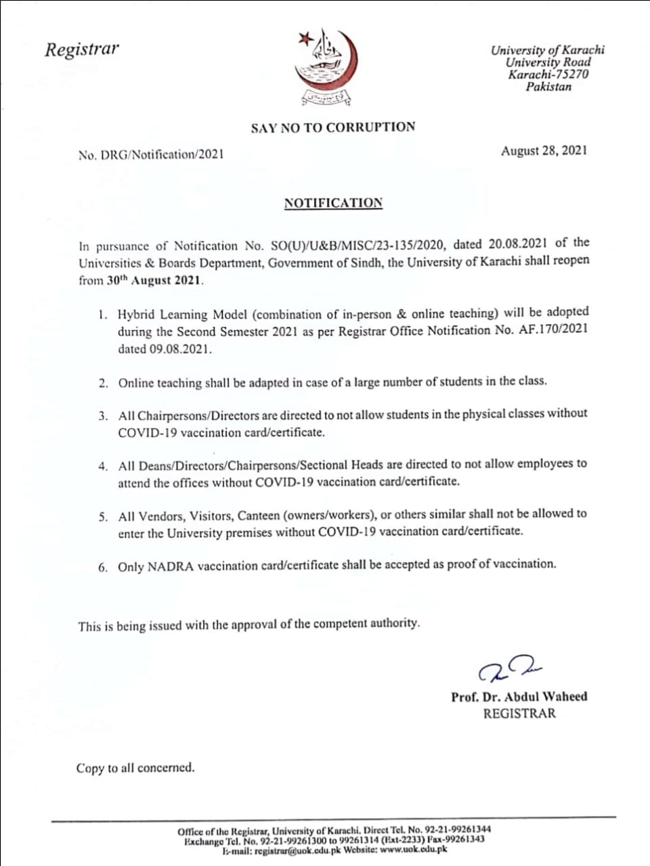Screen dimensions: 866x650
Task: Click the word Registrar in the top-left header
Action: pos(81,49)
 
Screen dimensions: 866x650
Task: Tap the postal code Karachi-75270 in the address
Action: pos(548,74)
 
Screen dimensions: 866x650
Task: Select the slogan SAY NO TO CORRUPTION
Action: pos(333,127)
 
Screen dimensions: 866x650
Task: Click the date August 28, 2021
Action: pos(544,151)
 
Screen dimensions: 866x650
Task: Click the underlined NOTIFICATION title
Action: pos(333,203)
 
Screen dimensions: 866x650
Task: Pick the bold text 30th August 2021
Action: pos(155,280)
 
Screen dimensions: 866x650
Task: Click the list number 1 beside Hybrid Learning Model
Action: pos(102,315)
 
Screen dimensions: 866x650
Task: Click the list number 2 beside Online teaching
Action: pos(102,384)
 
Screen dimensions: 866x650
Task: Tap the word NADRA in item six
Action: pos(171,567)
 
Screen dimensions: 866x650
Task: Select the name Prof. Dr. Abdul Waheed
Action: pos(519,696)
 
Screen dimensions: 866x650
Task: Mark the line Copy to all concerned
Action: pos(135,768)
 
